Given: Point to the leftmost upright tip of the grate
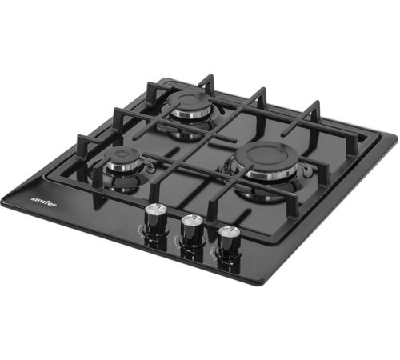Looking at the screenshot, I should pos(80,141).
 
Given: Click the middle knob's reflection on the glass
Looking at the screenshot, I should pos(190,249).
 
